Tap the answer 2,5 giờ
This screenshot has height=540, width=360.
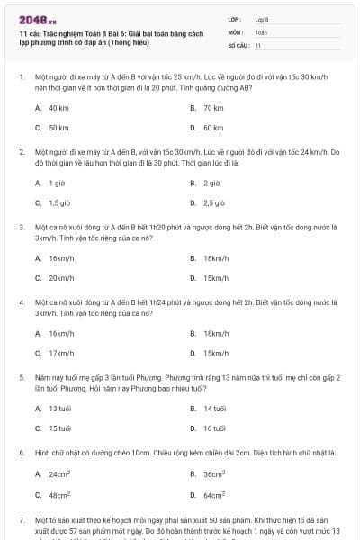pyautogui.click(x=213, y=202)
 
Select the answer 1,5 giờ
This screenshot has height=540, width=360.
pyautogui.click(x=59, y=202)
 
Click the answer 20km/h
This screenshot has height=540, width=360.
pyautogui.click(x=61, y=277)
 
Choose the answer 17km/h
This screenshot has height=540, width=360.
pyautogui.click(x=61, y=353)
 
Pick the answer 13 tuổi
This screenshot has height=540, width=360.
pyautogui.click(x=59, y=409)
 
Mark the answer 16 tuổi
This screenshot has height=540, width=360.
pyautogui.click(x=214, y=428)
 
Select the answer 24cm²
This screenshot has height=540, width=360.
pyautogui.click(x=60, y=473)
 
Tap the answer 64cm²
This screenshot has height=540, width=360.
pyautogui.click(x=214, y=494)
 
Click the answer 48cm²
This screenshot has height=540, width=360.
pyautogui.click(x=60, y=494)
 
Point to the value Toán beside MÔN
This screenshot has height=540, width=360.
pyautogui.click(x=261, y=31)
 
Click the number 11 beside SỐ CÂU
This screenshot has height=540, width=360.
pyautogui.click(x=258, y=45)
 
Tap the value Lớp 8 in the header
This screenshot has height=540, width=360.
pyautogui.click(x=262, y=18)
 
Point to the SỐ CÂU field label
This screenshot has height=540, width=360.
pyautogui.click(x=238, y=45)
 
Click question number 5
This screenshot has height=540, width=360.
pyautogui.click(x=21, y=378)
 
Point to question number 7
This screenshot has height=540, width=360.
pyautogui.click(x=21, y=520)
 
